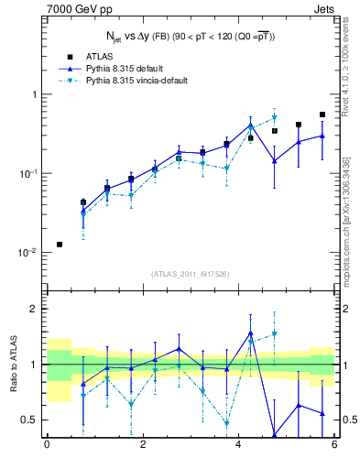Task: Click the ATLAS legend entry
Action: point(102,57)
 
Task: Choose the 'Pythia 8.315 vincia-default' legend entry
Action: point(143,81)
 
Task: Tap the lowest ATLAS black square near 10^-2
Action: point(60,245)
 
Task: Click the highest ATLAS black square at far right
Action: point(322,115)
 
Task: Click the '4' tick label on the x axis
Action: point(238,445)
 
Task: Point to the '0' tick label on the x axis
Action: point(46,445)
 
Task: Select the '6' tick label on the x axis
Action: point(334,445)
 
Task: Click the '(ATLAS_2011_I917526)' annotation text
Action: point(190,274)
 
